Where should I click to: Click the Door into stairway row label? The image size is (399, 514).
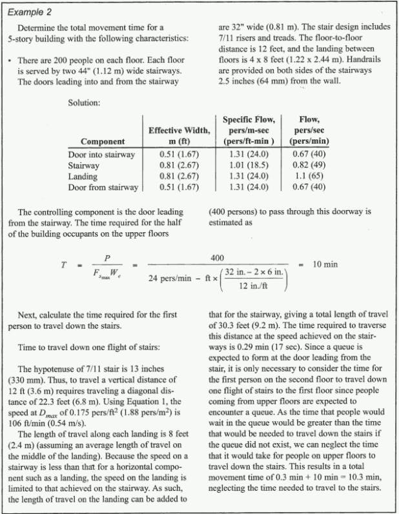[x=101, y=155]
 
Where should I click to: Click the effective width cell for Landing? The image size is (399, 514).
[x=179, y=177]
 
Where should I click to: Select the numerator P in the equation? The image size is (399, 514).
[x=107, y=257]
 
